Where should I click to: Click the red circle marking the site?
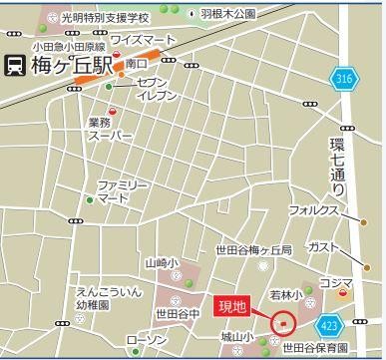click(283, 323)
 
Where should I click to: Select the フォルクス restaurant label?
click(313, 210)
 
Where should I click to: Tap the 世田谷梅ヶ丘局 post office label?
click(254, 250)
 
